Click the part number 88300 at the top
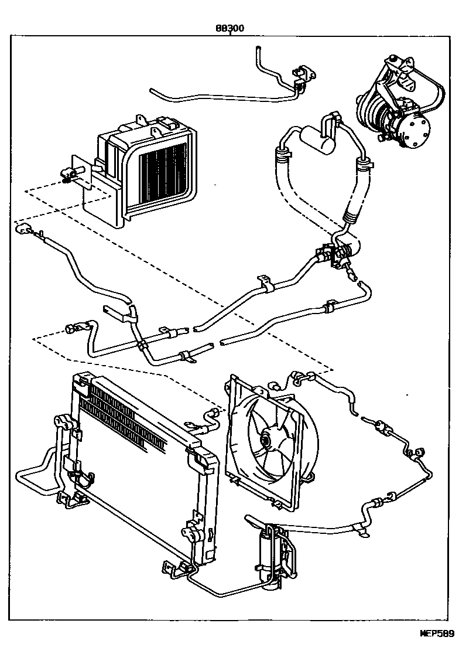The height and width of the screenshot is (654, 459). tap(230, 28)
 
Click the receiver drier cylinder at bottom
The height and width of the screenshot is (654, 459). tap(268, 554)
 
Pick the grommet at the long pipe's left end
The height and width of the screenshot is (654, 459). tap(24, 230)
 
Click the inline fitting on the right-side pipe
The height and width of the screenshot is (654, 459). tap(384, 426)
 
